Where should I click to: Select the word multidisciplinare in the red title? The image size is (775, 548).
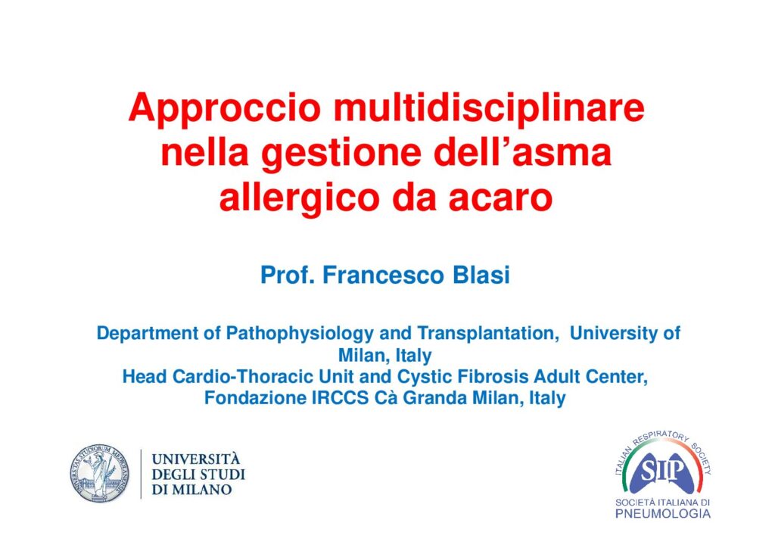490,107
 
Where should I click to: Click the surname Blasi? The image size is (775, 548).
481,275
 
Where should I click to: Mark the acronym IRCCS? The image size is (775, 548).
340,398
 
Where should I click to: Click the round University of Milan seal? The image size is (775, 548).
99,473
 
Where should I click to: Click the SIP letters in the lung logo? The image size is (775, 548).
662,472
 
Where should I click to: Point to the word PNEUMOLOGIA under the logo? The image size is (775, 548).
663,514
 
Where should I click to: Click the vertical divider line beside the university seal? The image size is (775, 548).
141,473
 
